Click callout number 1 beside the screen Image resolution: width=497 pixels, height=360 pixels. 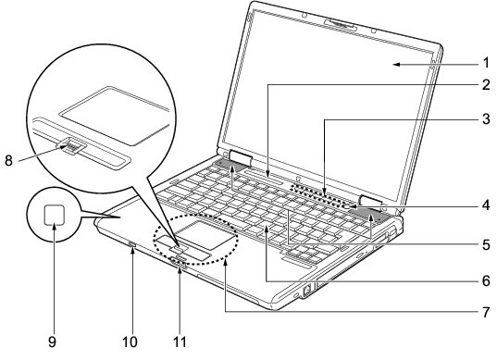tap(486, 63)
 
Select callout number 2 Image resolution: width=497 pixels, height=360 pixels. tap(486, 84)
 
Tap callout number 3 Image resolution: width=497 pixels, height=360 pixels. tap(486, 119)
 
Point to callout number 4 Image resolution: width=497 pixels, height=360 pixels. tap(486, 205)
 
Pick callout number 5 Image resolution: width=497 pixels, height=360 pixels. tap(486, 244)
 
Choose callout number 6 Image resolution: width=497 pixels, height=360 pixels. tap(486, 280)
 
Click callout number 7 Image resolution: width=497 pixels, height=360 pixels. tap(486, 312)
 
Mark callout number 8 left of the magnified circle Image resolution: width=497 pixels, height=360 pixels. tap(8, 161)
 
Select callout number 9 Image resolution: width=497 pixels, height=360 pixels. tap(53, 341)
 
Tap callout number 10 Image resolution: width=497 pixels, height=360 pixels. tap(130, 341)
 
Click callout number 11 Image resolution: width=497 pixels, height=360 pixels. tap(180, 341)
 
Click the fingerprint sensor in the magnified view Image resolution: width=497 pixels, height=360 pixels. tap(71, 146)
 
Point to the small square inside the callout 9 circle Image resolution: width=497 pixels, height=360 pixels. tap(55, 214)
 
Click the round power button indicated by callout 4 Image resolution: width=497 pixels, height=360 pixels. tap(347, 206)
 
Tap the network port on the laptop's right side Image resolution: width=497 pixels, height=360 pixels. tap(307, 290)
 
